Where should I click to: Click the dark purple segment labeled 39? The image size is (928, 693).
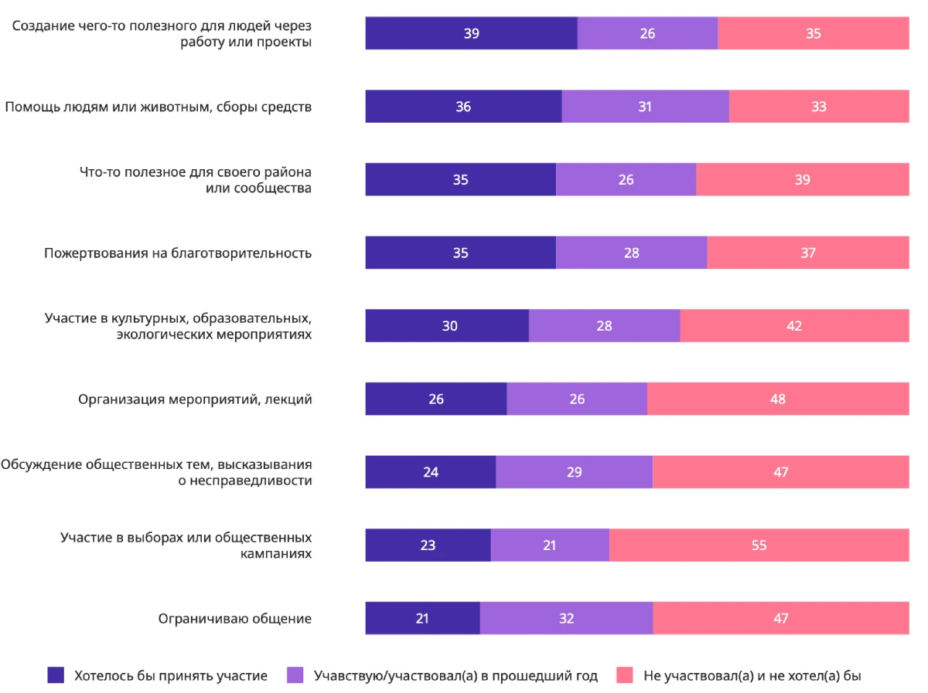[471, 33]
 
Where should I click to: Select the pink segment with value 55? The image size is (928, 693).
[759, 545]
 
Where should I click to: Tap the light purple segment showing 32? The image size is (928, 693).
[566, 618]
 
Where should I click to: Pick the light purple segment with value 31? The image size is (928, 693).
[645, 107]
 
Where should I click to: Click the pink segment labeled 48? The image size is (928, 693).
[778, 399]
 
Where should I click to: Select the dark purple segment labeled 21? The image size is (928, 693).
[422, 618]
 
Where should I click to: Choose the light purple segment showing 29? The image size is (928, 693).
[574, 471]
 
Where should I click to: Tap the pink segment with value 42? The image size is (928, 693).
[794, 325]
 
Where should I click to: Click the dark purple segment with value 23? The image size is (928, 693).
[428, 545]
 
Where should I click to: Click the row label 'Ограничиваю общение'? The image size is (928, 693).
[235, 618]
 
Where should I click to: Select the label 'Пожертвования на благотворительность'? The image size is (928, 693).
[178, 253]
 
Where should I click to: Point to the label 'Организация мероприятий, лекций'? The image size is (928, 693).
[195, 399]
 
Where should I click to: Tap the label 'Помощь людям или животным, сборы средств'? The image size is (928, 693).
[159, 107]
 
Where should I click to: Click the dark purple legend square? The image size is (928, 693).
[56, 675]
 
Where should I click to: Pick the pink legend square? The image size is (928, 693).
[625, 675]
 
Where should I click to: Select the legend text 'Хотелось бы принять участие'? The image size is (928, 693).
[171, 675]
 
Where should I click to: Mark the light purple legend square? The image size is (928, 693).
[295, 675]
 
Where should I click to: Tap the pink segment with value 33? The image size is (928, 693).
[819, 107]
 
